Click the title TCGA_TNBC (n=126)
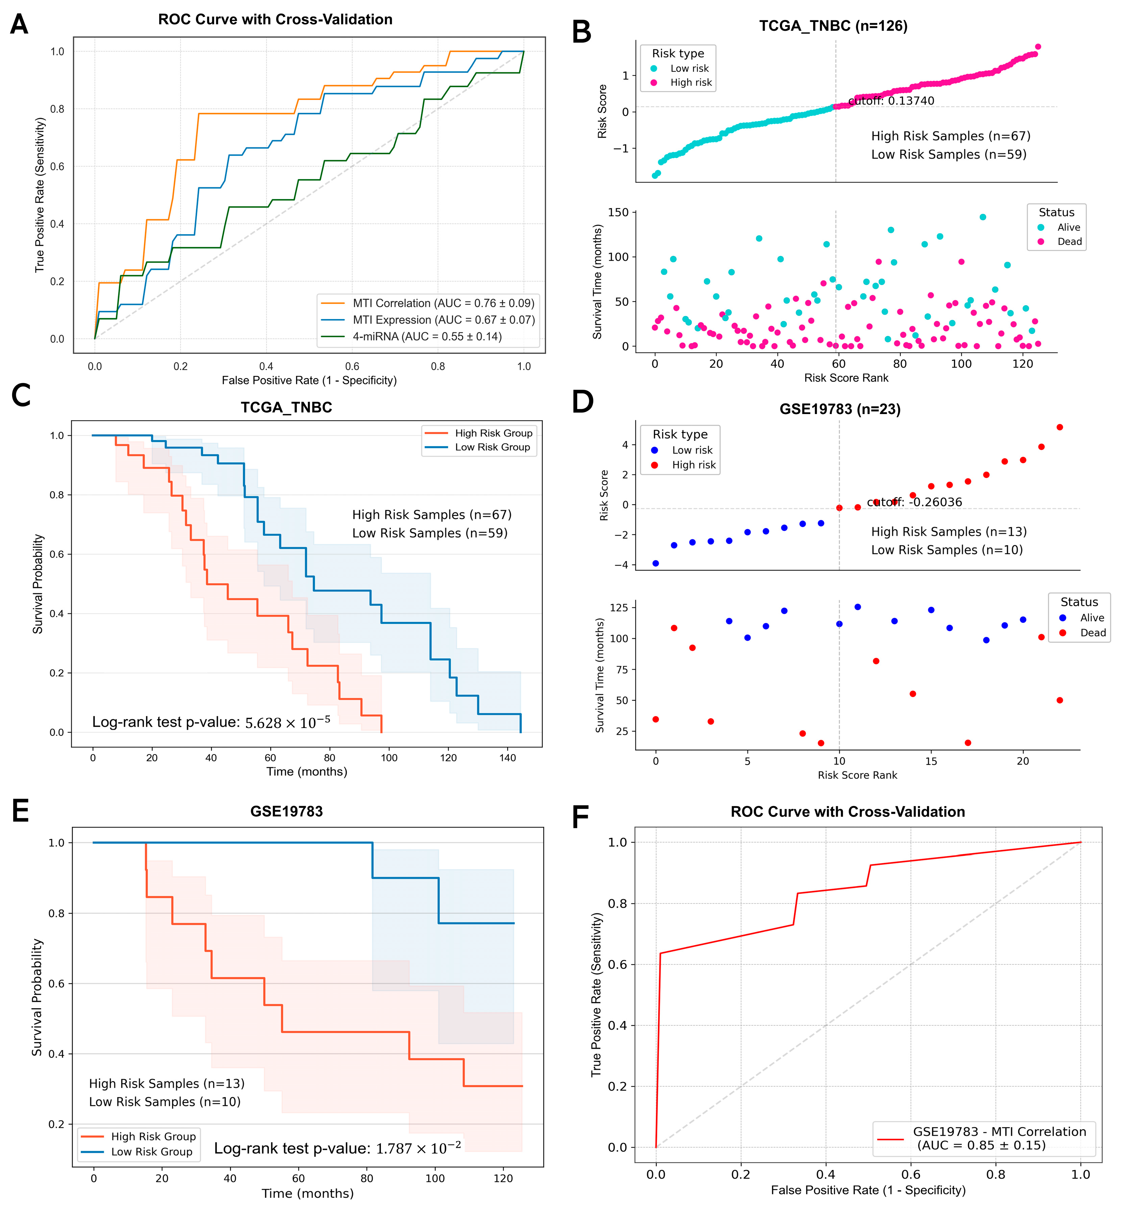[x=833, y=26]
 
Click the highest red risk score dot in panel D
[x=1060, y=427]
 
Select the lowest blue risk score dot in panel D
[x=656, y=563]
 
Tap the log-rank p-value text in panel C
[x=211, y=722]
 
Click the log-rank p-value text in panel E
[x=337, y=1148]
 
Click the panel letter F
[x=581, y=817]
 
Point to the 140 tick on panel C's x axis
[x=508, y=758]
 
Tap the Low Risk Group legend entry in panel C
[x=492, y=447]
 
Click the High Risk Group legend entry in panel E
[x=153, y=1136]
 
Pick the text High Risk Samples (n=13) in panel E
[x=167, y=1083]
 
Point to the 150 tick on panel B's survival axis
[x=618, y=212]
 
